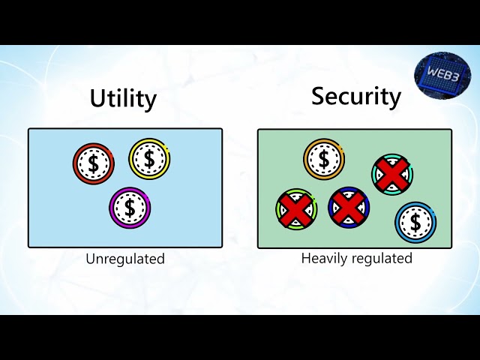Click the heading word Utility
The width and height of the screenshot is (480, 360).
(x=123, y=99)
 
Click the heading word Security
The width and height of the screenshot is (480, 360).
(x=356, y=97)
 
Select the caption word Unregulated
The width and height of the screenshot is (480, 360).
(x=124, y=259)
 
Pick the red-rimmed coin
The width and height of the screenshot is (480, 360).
(x=93, y=163)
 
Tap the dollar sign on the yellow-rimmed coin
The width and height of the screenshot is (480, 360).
(x=149, y=158)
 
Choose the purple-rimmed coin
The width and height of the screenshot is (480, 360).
(x=130, y=207)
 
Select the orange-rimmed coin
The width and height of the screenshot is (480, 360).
(x=324, y=159)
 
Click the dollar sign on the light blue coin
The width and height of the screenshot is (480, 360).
(x=415, y=222)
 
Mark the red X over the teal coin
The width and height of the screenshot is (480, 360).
(x=393, y=175)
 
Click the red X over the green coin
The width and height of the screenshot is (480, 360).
(x=296, y=208)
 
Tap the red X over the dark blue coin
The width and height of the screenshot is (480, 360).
(x=349, y=207)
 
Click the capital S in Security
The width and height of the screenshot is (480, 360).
(x=319, y=96)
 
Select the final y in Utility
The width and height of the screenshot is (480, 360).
(x=150, y=102)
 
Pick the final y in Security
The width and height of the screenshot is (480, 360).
(x=394, y=100)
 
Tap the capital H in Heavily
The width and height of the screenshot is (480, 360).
(x=305, y=258)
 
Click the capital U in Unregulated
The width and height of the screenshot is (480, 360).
(x=90, y=259)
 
